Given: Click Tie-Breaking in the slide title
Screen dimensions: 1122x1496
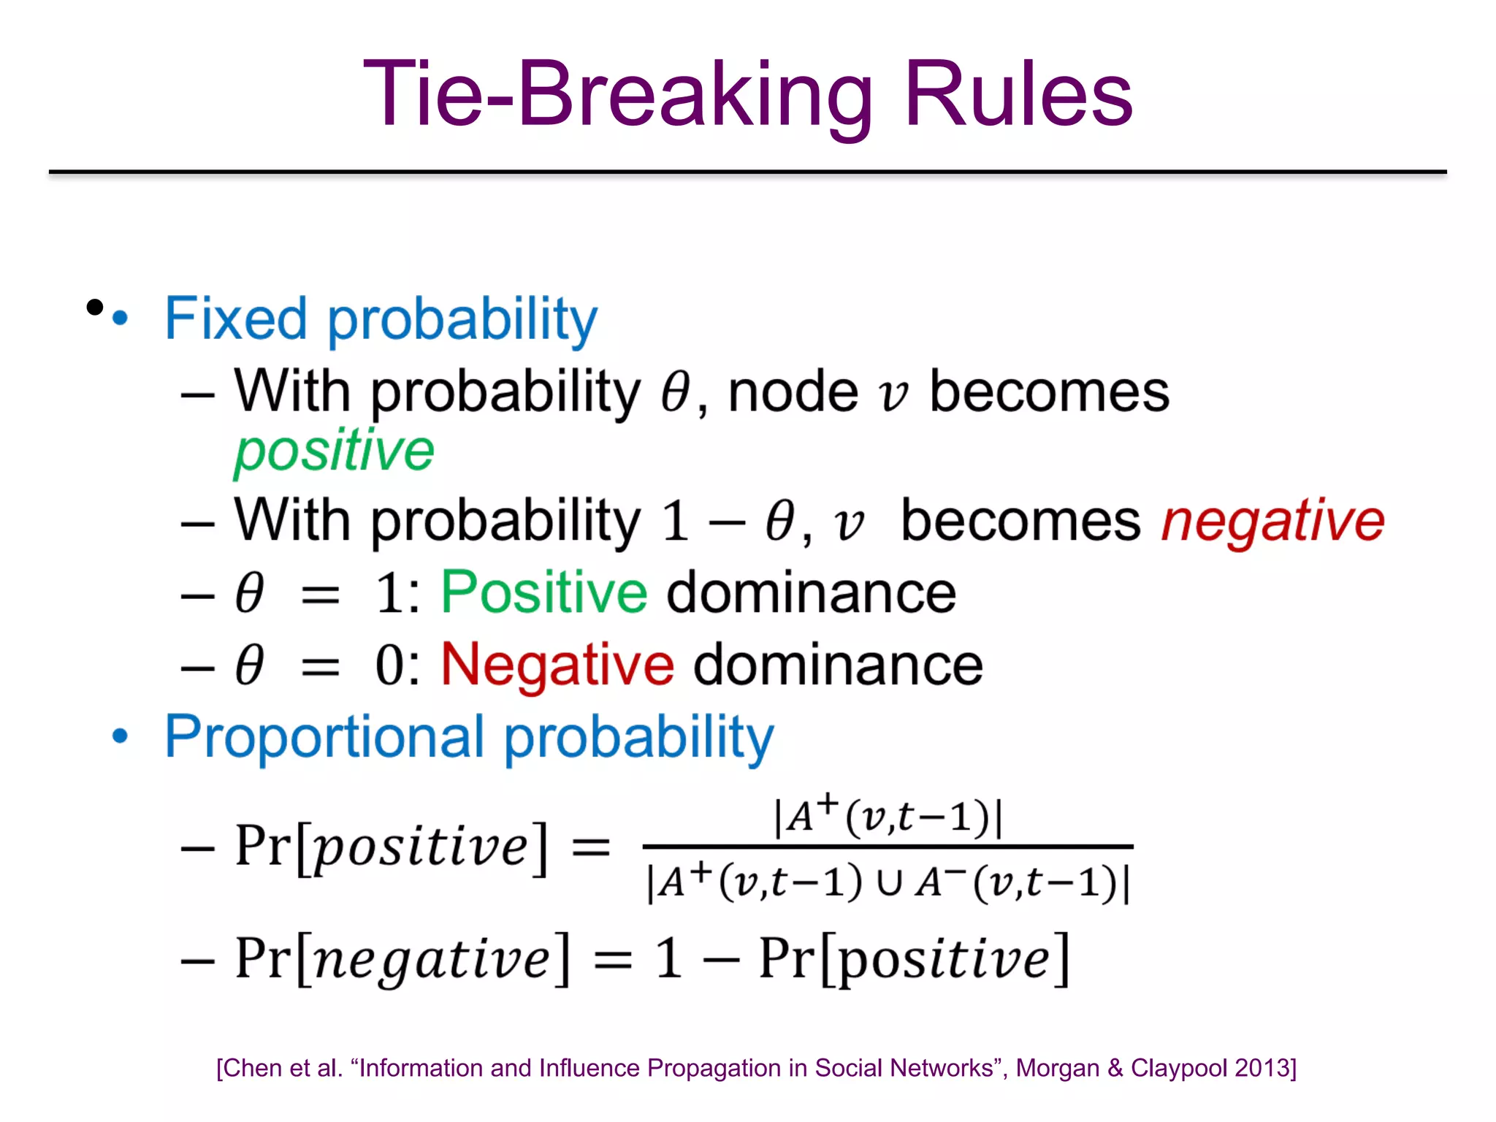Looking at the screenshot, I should [617, 95].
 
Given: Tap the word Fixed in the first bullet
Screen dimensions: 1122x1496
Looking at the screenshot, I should [235, 319].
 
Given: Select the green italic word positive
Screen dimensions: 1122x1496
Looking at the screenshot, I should [334, 451].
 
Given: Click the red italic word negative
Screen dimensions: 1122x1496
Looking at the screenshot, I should [1272, 521].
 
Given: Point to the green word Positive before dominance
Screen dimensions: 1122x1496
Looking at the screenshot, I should [544, 592].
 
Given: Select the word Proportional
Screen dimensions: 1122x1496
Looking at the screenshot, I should [324, 736].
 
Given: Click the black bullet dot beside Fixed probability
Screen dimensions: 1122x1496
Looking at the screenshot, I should [94, 307].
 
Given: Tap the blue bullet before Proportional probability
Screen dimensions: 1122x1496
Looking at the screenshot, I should [120, 736].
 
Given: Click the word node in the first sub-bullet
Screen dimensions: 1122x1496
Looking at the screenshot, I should [793, 393].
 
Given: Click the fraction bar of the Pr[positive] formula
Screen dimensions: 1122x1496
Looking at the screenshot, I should [887, 847].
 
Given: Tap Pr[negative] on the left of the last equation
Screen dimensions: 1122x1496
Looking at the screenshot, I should [401, 958].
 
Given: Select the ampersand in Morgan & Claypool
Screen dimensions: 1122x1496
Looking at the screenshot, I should [1115, 1068].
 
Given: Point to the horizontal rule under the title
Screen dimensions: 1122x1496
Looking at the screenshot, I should [747, 172].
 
